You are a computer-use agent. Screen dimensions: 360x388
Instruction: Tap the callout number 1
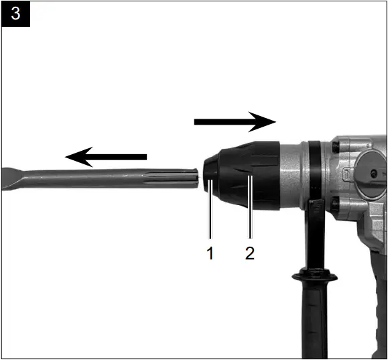(x=210, y=253)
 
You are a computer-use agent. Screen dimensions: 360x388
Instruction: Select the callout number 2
(x=249, y=253)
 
